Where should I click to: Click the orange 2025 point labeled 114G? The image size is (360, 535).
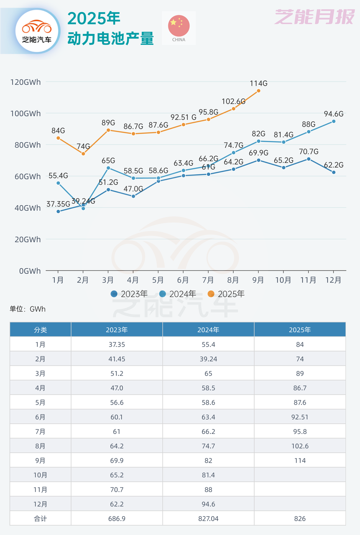pos(258,91)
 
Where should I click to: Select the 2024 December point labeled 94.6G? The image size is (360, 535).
pos(334,121)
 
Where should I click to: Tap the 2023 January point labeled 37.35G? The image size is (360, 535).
pos(58,211)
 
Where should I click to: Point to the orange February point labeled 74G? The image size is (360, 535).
pos(83,154)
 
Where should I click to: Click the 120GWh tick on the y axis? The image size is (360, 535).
pos(26,82)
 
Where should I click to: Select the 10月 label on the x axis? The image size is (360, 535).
pos(283,280)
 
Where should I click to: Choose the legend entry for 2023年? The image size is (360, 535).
pos(130,294)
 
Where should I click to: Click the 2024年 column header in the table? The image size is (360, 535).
pos(208,330)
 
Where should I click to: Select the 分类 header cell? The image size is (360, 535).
pos(41,330)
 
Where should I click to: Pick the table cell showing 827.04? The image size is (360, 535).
pos(208,518)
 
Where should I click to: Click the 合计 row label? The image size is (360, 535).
pos(41,518)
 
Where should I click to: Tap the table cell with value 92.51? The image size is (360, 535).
pos(300,417)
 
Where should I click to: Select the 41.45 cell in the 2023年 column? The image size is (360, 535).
pos(117,359)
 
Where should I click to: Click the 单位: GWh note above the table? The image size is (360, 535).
pos(28,309)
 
